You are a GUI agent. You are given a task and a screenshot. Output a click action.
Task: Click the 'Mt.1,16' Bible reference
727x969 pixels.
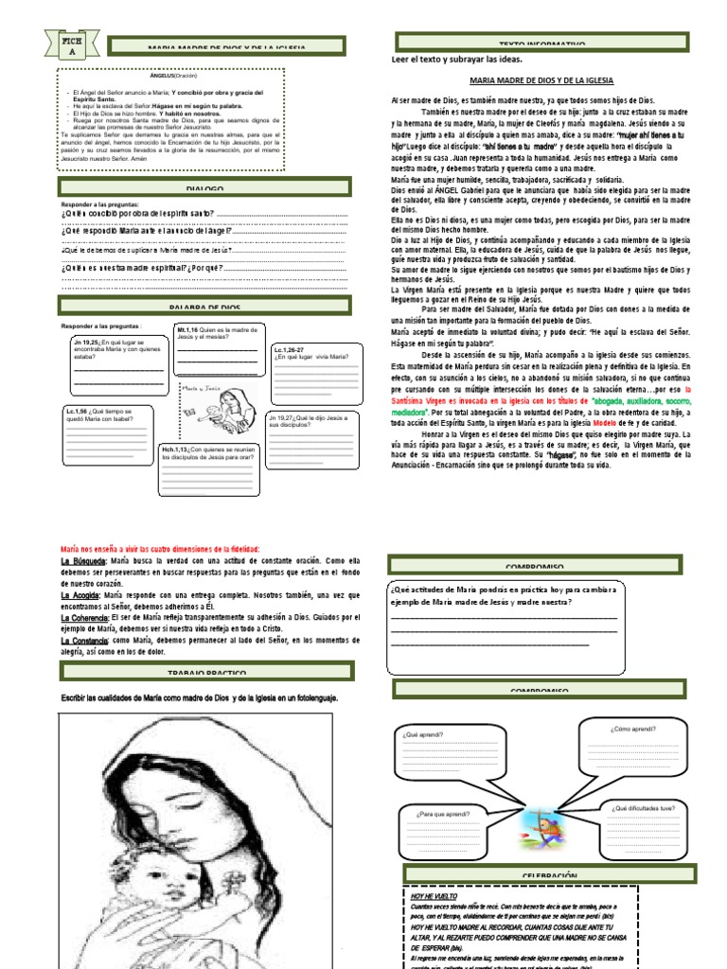189,329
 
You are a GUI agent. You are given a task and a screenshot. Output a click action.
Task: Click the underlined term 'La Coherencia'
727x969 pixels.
83,616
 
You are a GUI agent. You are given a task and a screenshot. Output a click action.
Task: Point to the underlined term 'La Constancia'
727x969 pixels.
83,640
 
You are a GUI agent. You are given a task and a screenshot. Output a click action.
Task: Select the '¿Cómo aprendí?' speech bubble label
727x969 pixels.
633,730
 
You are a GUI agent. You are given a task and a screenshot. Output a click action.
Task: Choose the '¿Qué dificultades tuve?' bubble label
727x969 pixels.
643,808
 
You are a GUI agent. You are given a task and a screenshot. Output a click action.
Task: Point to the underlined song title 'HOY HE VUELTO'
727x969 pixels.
434,894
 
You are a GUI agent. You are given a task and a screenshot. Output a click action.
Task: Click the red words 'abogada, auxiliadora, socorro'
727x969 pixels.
654,400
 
